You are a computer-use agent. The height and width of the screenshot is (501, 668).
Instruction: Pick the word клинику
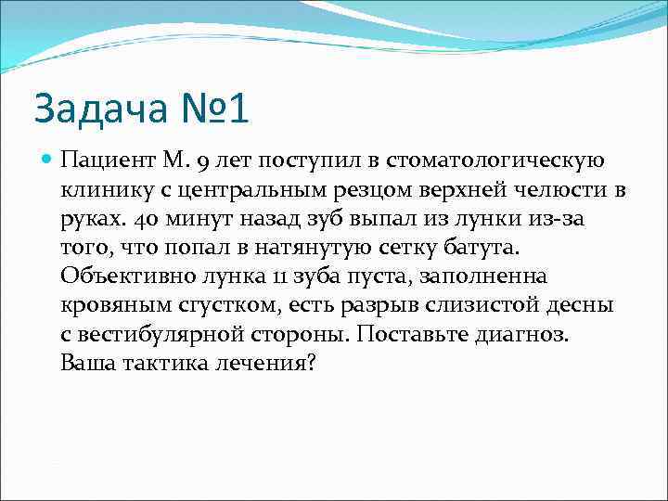103,191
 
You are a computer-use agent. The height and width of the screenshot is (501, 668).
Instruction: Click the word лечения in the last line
265,363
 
